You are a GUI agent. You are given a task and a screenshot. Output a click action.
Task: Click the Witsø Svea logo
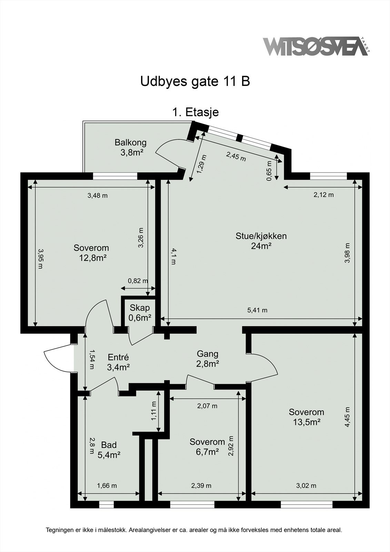316,46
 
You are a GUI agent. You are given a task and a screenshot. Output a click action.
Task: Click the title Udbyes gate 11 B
195,81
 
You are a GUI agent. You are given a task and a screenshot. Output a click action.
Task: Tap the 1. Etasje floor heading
196,112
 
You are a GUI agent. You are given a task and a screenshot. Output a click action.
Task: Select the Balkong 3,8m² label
131,147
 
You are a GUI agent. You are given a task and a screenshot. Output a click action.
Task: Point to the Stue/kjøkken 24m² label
261,241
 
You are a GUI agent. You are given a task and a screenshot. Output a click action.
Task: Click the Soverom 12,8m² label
91,253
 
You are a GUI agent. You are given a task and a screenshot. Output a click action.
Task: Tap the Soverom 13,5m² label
307,417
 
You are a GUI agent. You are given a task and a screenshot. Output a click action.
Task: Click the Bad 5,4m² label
109,450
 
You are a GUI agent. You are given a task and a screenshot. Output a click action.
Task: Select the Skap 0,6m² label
140,313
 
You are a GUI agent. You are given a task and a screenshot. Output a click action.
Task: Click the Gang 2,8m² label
208,359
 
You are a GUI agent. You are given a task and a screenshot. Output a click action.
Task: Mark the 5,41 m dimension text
257,310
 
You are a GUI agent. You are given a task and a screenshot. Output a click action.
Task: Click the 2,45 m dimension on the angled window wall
236,157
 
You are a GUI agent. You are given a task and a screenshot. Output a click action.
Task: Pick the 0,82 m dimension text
138,280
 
